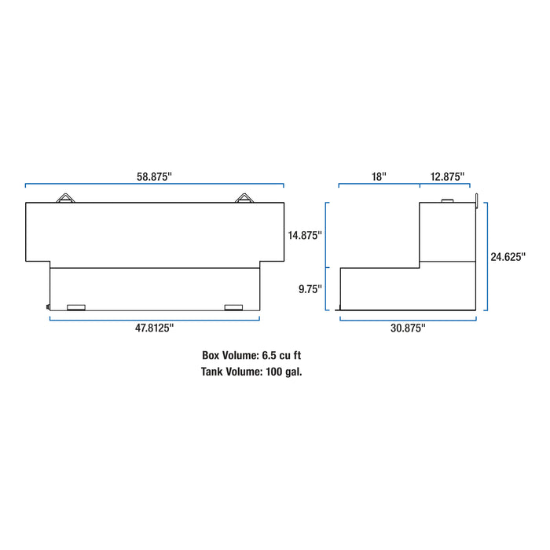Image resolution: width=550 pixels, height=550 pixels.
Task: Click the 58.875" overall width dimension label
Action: [154, 177]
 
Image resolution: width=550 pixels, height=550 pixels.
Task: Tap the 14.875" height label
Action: [305, 235]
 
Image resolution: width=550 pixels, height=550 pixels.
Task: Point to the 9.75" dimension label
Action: [310, 288]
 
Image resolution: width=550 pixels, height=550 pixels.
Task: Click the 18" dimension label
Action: [379, 177]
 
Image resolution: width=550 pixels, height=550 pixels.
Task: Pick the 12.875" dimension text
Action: [447, 177]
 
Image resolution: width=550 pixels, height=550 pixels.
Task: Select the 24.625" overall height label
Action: [508, 256]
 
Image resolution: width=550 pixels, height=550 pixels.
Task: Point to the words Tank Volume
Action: [222, 371]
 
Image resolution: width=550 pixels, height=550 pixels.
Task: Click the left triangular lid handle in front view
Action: [65, 198]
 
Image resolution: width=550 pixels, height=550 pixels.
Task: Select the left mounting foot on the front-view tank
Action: [77, 306]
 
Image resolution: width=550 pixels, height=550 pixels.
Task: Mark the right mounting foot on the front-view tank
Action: [233, 306]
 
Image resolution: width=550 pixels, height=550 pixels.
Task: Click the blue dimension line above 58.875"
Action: [154, 186]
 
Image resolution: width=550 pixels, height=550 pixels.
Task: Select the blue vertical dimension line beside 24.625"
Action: [486, 256]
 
